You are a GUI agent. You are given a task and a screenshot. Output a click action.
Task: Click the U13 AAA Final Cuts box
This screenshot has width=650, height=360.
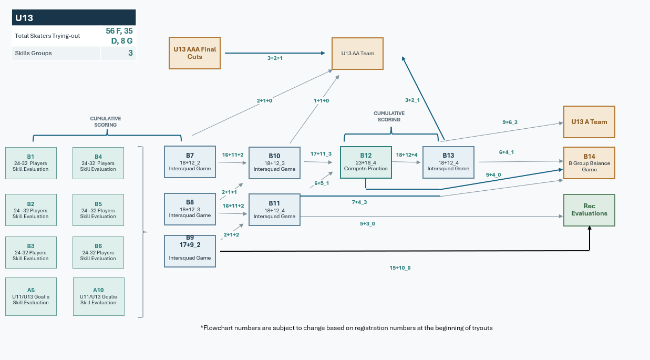[195, 53]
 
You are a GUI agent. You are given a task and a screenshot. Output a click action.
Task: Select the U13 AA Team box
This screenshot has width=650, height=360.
[357, 54]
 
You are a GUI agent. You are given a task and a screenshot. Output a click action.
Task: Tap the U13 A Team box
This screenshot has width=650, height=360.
[589, 122]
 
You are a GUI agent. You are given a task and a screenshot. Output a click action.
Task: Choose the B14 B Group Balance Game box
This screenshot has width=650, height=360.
[589, 163]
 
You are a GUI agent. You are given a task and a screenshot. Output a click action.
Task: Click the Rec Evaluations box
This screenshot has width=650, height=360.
[589, 210]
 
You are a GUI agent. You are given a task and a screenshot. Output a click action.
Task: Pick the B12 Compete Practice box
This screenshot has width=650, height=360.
[366, 162]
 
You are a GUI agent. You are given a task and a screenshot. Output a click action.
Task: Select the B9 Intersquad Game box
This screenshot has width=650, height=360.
[190, 251]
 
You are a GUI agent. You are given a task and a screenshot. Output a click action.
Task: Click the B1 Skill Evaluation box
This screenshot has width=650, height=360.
[31, 163]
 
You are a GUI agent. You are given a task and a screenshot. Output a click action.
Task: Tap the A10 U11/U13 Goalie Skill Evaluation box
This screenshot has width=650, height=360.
[99, 296]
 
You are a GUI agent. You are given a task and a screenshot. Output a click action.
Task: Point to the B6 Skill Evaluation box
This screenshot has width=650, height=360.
[98, 252]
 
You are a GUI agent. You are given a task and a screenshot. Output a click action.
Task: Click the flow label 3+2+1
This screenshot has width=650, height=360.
[275, 58]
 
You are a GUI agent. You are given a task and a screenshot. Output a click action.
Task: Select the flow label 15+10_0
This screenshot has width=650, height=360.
[400, 268]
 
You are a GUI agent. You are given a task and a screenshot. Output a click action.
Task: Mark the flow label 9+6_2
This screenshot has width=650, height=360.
[510, 122]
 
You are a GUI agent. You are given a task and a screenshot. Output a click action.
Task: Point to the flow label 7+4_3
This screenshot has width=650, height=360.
[359, 202]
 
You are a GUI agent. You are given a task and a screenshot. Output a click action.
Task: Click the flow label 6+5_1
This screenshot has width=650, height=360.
[322, 183]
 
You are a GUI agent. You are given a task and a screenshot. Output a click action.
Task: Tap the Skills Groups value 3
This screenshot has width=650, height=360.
[130, 53]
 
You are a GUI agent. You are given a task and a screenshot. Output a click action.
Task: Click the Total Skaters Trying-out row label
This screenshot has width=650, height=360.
[47, 36]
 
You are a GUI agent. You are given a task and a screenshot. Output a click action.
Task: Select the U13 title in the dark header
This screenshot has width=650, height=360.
[24, 18]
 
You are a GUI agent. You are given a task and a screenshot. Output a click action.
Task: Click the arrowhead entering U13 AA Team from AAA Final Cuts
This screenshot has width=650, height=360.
[323, 53]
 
